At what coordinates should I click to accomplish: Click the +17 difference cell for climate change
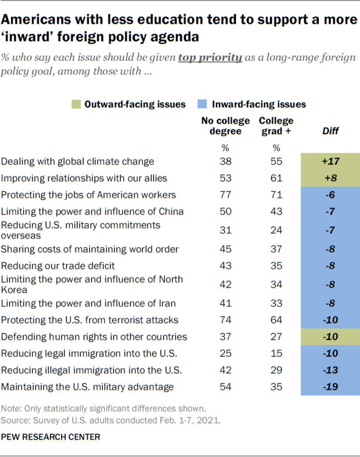[x=330, y=162]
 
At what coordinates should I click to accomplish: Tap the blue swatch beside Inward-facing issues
[x=203, y=105]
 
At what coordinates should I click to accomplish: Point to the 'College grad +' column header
[x=276, y=126]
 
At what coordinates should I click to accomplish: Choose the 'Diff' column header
[x=330, y=131]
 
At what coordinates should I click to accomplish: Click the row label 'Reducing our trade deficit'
[x=58, y=266]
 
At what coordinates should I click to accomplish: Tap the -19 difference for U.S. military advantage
[x=330, y=387]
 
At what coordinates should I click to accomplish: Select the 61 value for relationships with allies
[x=276, y=178]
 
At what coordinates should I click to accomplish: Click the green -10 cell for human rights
[x=330, y=337]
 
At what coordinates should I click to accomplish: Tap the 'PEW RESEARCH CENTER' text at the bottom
[x=51, y=437]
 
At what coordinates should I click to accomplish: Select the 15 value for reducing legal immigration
[x=276, y=353]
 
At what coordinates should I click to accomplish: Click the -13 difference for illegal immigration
[x=330, y=370]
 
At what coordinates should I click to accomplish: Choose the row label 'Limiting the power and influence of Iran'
[x=89, y=303]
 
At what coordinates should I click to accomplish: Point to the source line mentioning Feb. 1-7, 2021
[x=110, y=420]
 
